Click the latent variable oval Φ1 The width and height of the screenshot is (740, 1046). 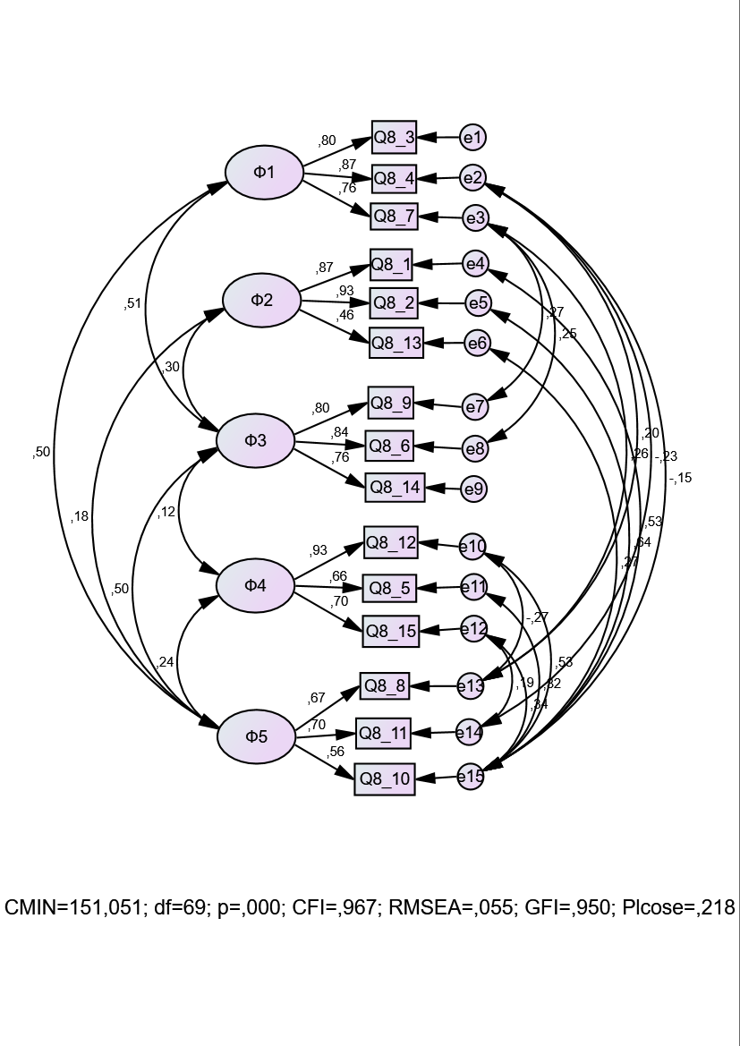click(x=264, y=172)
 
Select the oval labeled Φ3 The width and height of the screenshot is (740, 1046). click(x=256, y=440)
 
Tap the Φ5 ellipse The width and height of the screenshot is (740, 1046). click(x=256, y=736)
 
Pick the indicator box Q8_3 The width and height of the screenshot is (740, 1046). click(x=394, y=138)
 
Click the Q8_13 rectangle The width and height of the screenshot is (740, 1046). click(x=396, y=343)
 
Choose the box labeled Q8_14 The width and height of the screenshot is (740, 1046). click(x=395, y=488)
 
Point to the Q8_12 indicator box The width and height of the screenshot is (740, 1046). click(x=391, y=542)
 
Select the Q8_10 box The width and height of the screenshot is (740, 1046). click(x=385, y=779)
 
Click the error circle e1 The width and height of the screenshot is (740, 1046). click(x=472, y=138)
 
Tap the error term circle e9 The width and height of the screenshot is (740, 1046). click(x=473, y=489)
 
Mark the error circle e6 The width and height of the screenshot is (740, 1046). click(x=477, y=343)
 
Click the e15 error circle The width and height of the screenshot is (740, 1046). click(x=471, y=777)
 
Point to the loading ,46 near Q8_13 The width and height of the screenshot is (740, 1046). click(x=344, y=315)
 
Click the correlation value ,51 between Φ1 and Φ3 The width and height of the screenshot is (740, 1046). click(x=132, y=303)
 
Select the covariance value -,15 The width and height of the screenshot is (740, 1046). click(x=680, y=478)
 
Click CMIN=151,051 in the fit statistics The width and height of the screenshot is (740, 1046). click(x=74, y=908)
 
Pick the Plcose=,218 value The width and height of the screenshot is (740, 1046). click(x=674, y=908)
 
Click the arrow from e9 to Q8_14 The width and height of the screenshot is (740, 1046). click(x=443, y=489)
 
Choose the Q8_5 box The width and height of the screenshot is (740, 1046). click(x=390, y=588)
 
